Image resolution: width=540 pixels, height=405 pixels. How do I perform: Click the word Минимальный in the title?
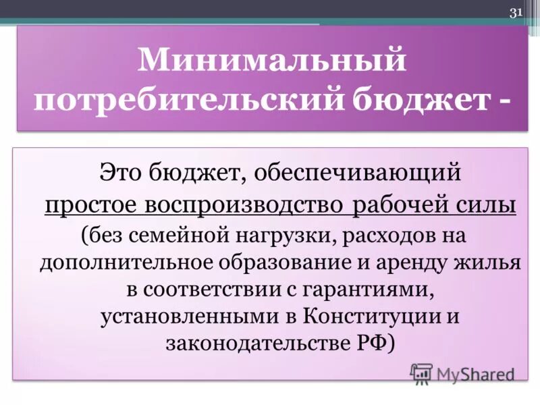click(x=273, y=61)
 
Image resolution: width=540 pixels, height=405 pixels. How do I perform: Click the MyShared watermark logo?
click(x=462, y=373)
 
